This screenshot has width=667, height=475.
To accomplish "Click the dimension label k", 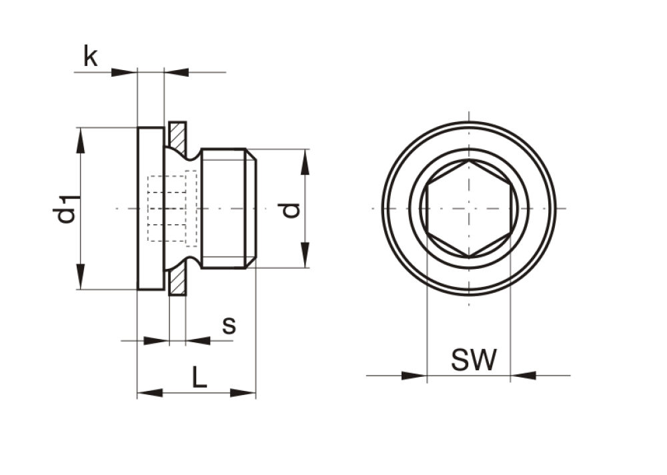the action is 91,56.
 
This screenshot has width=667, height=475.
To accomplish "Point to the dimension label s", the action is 229,326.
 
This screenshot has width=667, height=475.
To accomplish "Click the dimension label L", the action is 199,377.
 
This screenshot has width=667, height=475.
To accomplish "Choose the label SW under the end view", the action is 474,359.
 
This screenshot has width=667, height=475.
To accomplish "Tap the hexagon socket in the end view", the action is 469,209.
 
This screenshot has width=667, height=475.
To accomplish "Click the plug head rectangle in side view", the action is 151,208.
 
